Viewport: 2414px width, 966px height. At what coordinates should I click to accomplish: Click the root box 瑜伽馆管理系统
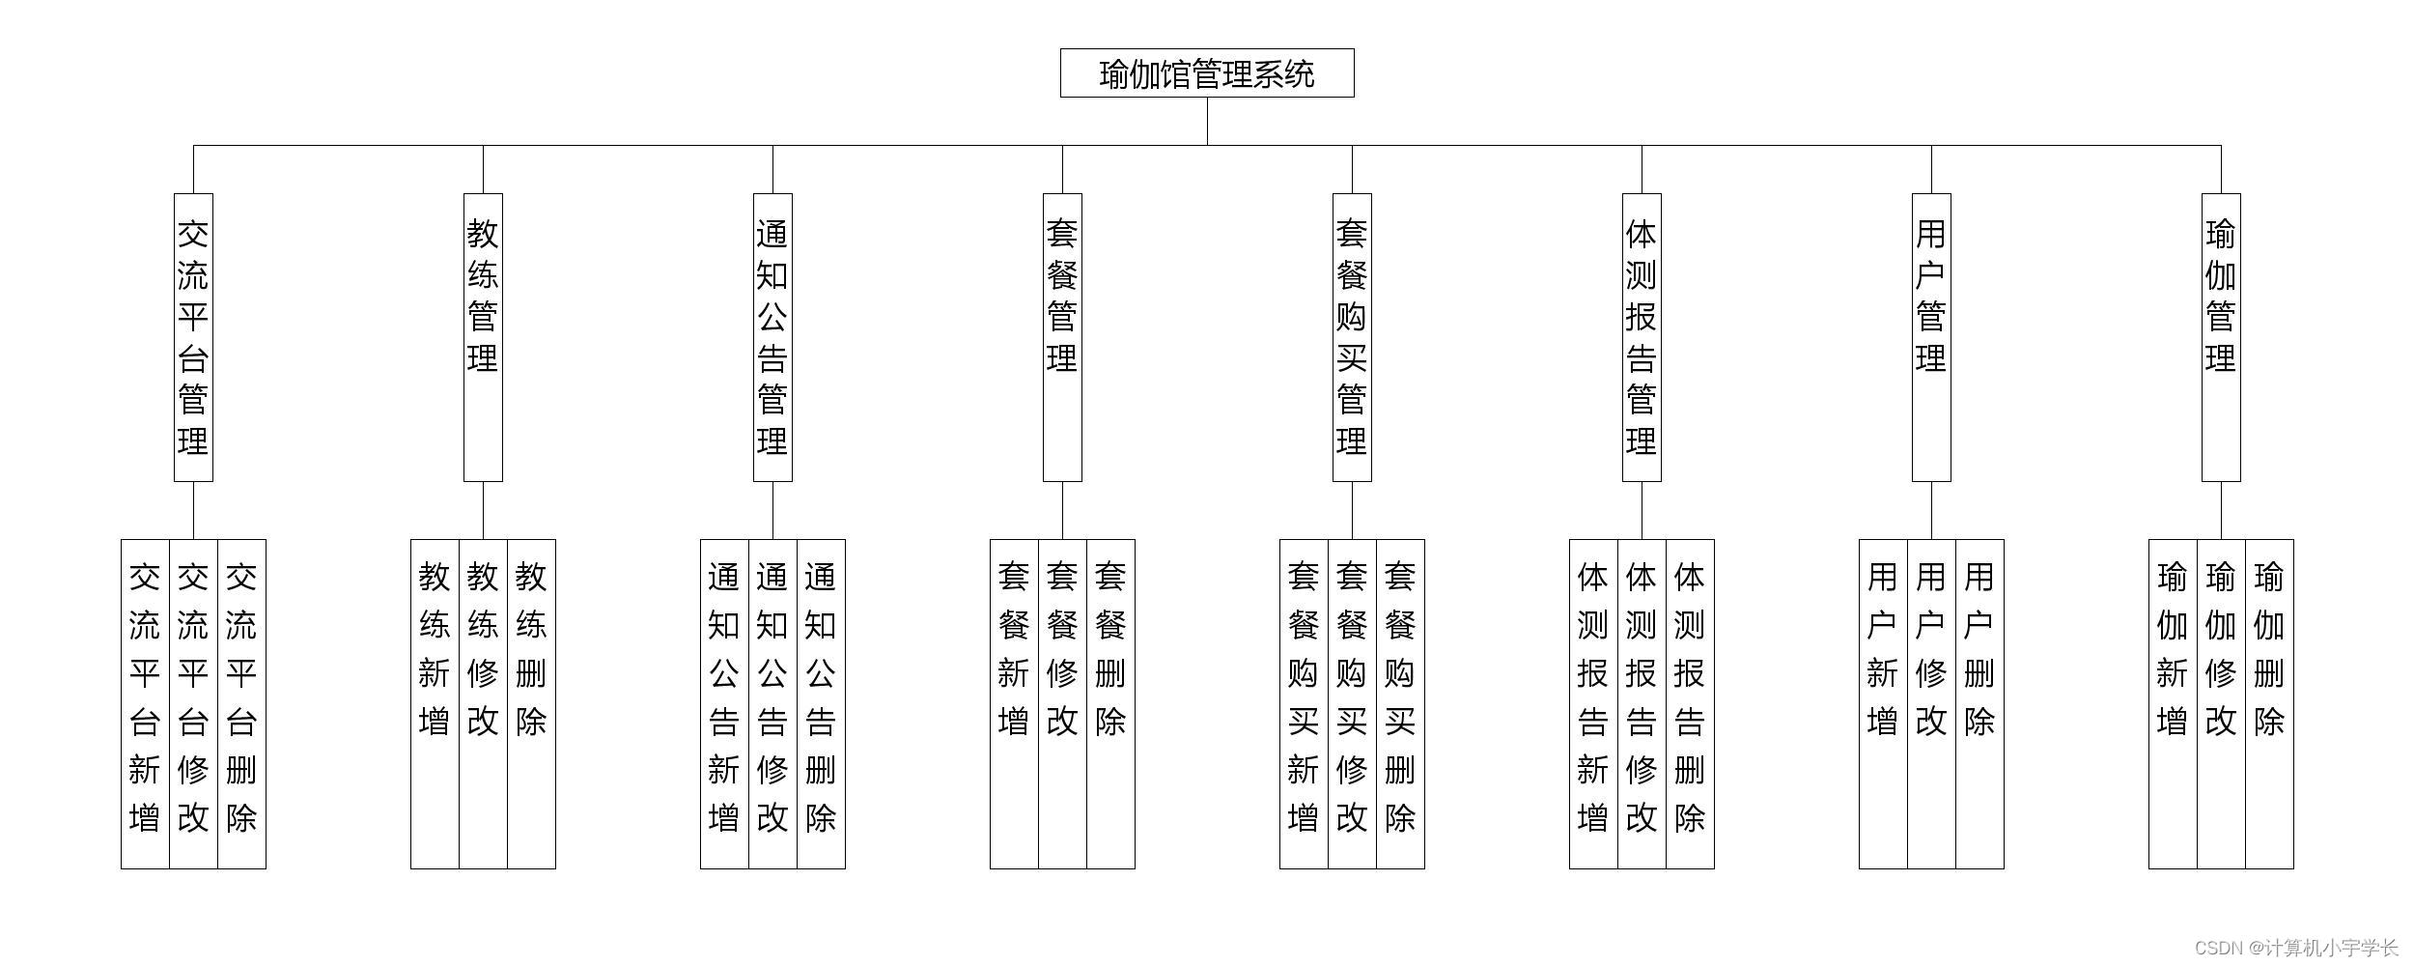point(1207,73)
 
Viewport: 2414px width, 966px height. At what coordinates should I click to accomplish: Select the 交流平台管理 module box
point(193,337)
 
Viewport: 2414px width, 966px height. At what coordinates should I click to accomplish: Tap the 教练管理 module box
point(483,337)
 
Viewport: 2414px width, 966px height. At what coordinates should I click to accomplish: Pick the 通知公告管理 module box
point(772,337)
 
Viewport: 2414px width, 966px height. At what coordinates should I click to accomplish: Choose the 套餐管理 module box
point(1062,337)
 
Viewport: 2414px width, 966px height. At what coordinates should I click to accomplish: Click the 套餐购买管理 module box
point(1352,337)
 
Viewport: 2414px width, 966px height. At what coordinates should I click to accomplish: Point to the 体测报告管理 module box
point(1642,337)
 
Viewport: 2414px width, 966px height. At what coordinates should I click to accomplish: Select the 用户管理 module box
point(1931,337)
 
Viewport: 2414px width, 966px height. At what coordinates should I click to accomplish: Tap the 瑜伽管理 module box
point(2221,337)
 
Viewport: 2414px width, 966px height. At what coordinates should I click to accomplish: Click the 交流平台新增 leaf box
point(145,703)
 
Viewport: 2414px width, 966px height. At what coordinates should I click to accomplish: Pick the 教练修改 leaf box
point(483,703)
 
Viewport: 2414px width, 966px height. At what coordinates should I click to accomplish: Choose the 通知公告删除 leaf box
point(821,703)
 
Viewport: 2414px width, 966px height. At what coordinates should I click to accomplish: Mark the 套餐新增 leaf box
point(1014,703)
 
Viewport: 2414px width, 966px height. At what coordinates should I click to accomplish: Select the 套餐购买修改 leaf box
point(1352,703)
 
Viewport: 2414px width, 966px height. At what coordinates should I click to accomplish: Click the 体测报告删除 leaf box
point(1690,703)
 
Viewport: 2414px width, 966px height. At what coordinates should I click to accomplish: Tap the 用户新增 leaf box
point(1883,703)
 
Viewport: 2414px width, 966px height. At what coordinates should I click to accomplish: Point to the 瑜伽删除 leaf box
point(2269,703)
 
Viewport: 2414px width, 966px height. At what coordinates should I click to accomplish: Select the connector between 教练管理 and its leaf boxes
point(483,510)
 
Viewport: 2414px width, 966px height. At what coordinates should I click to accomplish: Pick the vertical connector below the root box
point(1207,121)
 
